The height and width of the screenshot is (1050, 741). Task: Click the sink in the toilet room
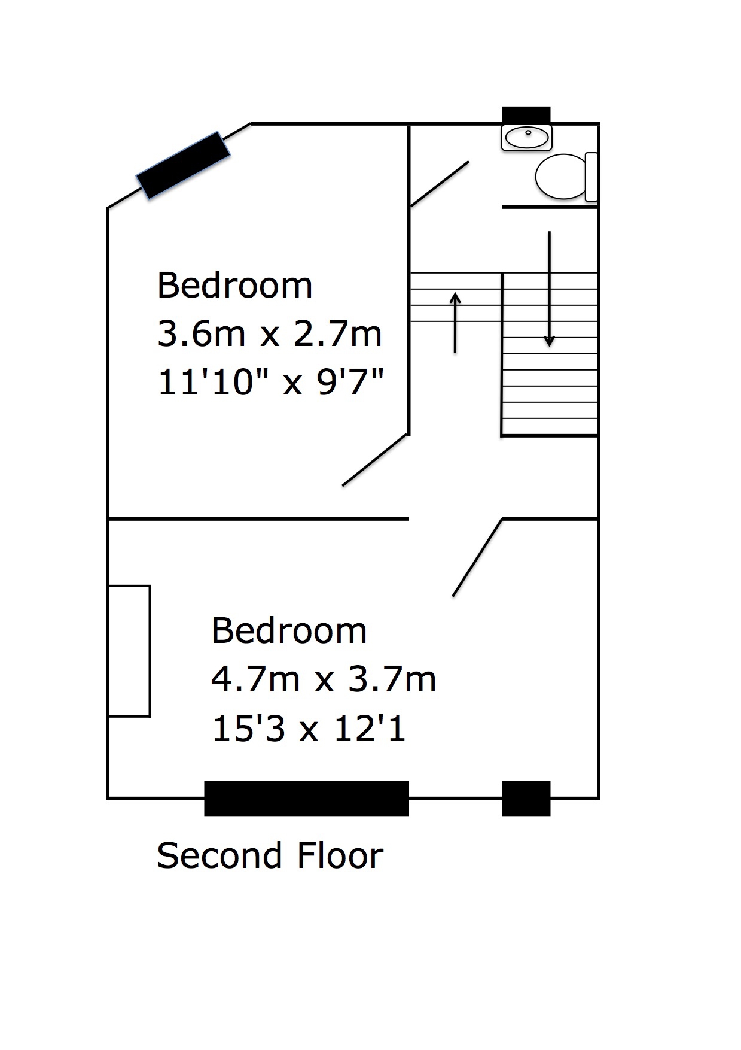526,138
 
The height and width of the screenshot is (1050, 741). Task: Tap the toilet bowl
560,176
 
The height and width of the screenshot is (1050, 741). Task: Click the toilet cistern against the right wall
591,177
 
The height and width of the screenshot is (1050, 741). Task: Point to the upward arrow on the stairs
456,323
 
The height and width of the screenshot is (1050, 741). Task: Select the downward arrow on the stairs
549,289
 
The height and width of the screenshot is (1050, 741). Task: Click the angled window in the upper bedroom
183,165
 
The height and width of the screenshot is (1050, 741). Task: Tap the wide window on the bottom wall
306,799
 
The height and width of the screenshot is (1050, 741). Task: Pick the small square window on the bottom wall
526,799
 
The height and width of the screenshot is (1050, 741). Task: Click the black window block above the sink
526,115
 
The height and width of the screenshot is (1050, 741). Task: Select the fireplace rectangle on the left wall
129,651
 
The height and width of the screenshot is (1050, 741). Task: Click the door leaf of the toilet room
440,184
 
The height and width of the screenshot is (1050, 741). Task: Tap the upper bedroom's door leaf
375,460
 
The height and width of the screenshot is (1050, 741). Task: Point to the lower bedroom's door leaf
477,557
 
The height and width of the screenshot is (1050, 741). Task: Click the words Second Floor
270,855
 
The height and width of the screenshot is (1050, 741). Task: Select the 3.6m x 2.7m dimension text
269,333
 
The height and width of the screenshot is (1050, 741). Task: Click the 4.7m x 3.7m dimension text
324,679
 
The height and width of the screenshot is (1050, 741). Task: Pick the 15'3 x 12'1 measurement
309,729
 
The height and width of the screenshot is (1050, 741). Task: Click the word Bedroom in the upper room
234,285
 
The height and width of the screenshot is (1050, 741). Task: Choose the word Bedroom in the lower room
289,631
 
